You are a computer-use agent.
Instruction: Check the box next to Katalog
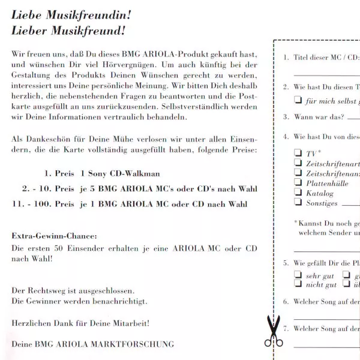tap(298, 193)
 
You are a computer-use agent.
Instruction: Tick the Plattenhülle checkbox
tap(298, 183)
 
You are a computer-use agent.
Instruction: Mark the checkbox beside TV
tap(298, 152)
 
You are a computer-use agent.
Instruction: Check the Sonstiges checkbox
tap(298, 203)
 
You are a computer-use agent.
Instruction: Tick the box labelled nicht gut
tap(298, 284)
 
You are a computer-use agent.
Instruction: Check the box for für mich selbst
tap(298, 100)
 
